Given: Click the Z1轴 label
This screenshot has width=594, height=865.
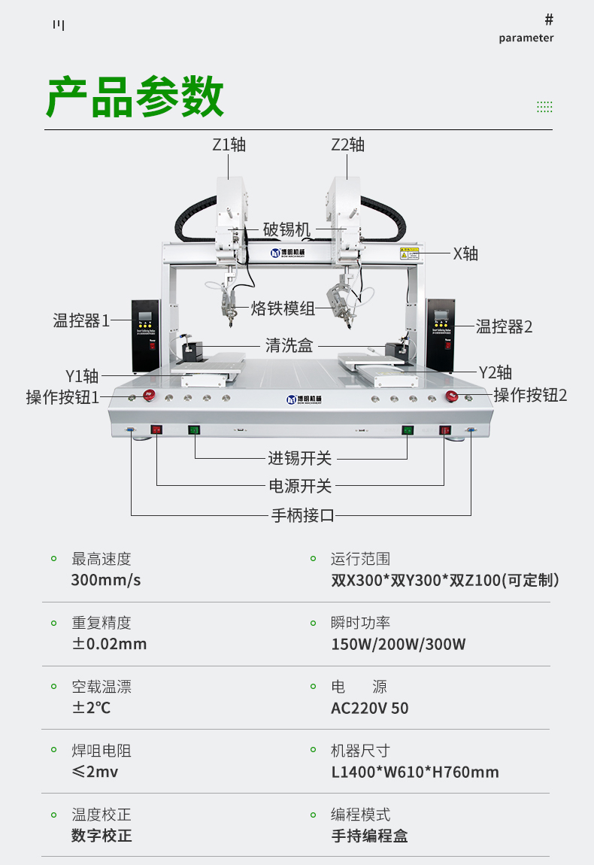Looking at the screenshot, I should [x=229, y=144].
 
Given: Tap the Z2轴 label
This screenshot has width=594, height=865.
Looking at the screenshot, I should [x=347, y=144].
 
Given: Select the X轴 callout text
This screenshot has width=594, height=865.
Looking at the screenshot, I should [x=465, y=253].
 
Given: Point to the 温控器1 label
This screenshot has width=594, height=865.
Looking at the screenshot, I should [x=81, y=320].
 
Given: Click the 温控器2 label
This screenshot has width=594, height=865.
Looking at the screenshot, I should [x=504, y=326].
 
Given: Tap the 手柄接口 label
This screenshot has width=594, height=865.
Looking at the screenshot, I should [x=302, y=515].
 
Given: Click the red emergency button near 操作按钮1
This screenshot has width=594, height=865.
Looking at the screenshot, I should [x=149, y=396].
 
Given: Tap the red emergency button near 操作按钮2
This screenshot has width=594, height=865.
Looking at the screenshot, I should [x=452, y=396].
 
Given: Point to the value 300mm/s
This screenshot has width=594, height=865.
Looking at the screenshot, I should [x=106, y=580].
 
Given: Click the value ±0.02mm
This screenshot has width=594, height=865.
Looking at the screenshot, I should [x=109, y=644].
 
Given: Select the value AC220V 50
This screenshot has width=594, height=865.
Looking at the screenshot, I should [x=370, y=708].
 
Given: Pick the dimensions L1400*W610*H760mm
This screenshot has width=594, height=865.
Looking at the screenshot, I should [x=415, y=772].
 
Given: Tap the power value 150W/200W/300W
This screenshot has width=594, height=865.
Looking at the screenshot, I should [x=399, y=644].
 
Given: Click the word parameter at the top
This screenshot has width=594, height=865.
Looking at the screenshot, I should [x=526, y=38].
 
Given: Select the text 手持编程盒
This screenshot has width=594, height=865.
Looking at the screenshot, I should [x=369, y=836].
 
